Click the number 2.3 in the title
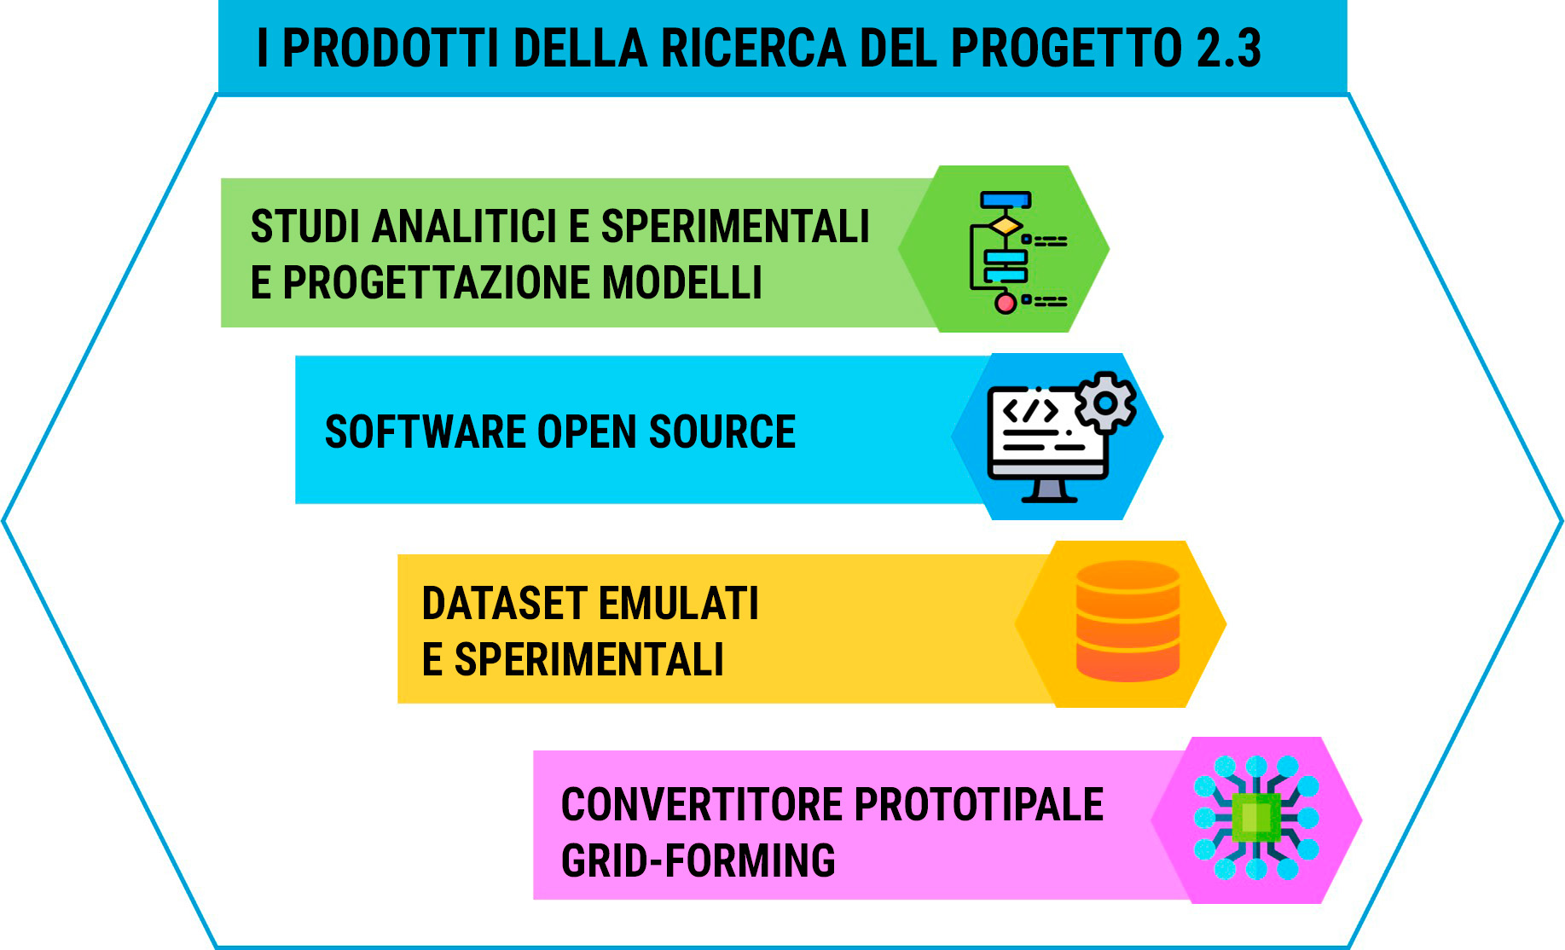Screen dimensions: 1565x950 point(1229,48)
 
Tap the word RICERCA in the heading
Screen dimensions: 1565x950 point(752,48)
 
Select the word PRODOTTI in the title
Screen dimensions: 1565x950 point(391,48)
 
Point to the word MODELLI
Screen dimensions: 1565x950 point(682,283)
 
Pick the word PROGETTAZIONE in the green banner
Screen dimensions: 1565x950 point(437,283)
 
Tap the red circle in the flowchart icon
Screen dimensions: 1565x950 point(1006,303)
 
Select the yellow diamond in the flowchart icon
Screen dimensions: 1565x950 point(1006,225)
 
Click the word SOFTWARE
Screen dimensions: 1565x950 point(425,432)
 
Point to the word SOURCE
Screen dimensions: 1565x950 point(722,432)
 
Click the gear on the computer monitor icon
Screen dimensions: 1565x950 point(1105,402)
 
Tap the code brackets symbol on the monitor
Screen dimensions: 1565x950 point(1030,410)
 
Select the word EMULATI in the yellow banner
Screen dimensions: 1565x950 point(678,604)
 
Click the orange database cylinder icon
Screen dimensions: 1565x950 point(1127,621)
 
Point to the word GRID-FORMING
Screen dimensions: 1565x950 point(698,860)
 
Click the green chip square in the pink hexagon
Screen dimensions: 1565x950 point(1256,818)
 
